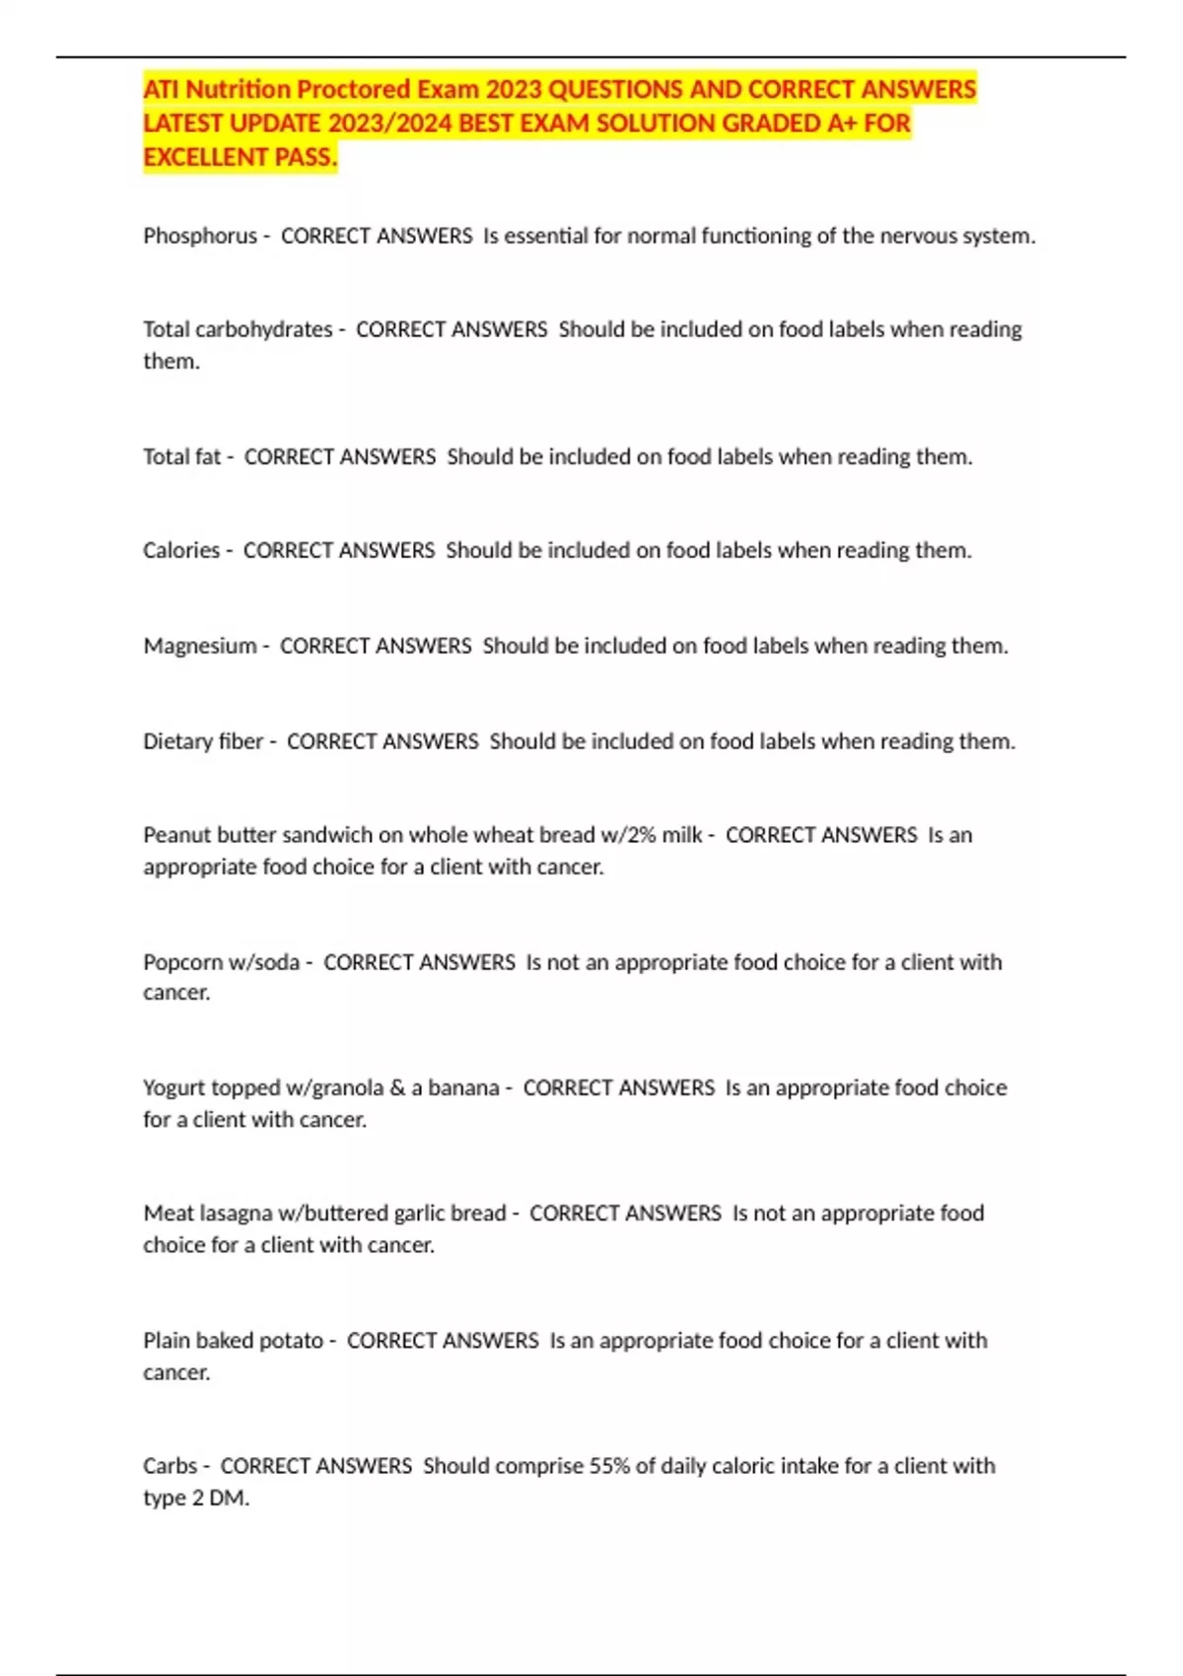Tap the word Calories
pyautogui.click(x=181, y=550)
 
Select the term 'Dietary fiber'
pyautogui.click(x=203, y=741)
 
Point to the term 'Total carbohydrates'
pyautogui.click(x=238, y=329)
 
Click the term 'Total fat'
pyautogui.click(x=182, y=456)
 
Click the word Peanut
pyautogui.click(x=175, y=835)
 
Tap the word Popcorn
pyautogui.click(x=182, y=962)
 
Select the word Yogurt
pyautogui.click(x=173, y=1088)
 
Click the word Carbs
pyautogui.click(x=170, y=1466)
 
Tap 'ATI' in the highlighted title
pyautogui.click(x=162, y=90)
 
